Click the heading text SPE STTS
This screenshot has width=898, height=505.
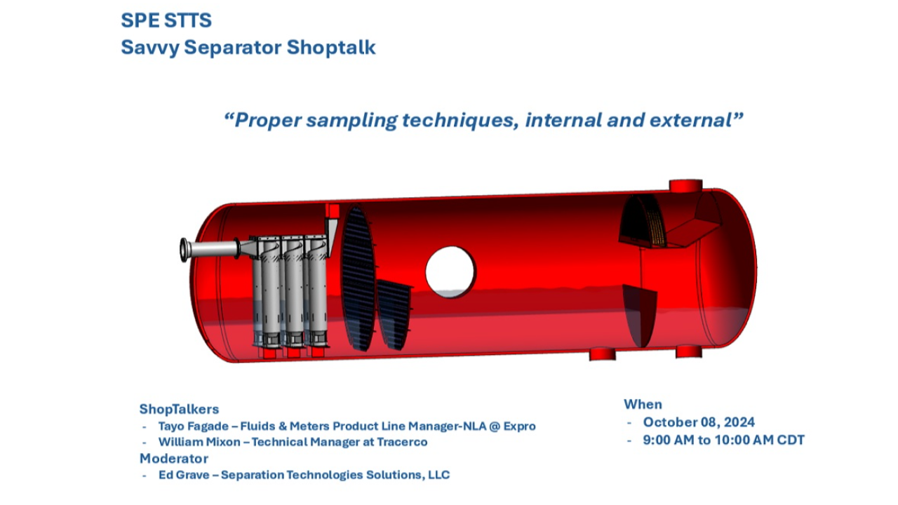click(x=166, y=20)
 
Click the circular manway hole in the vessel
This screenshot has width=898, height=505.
click(x=450, y=271)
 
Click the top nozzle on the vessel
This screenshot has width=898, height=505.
click(x=685, y=187)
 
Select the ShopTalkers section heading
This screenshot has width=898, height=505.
click(x=179, y=409)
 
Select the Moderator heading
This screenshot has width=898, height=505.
click(x=173, y=458)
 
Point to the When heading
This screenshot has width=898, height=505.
click(x=643, y=404)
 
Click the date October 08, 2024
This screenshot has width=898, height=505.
click(x=699, y=422)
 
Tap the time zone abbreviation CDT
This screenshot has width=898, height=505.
click(x=791, y=440)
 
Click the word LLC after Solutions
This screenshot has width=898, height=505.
click(x=438, y=475)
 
